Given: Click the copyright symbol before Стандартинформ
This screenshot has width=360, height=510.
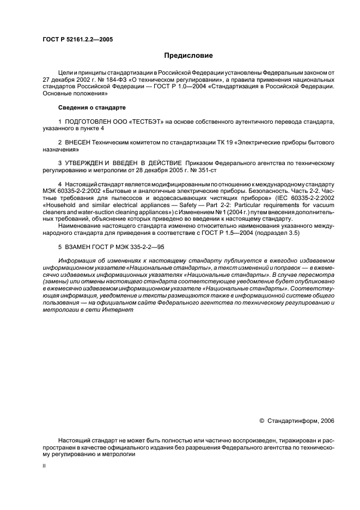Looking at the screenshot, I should point(261,421).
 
